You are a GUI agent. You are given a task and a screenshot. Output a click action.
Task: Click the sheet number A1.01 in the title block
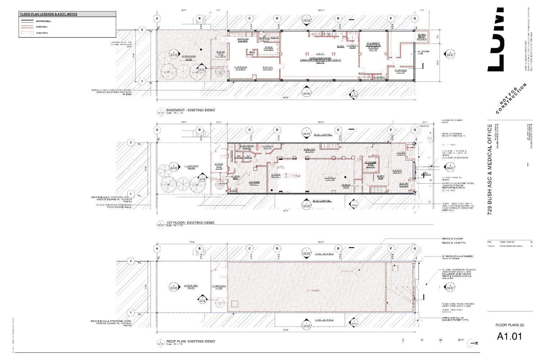509,336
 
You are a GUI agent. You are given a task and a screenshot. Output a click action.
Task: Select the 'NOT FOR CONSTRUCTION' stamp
511,98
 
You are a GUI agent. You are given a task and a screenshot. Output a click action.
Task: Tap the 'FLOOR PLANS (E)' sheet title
510,325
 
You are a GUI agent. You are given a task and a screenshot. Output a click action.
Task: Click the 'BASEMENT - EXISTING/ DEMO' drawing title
190,110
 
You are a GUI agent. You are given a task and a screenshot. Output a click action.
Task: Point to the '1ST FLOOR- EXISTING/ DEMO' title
190,223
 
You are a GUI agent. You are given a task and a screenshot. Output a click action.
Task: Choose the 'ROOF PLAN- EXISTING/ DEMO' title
190,341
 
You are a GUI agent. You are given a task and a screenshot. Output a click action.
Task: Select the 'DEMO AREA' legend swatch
27,33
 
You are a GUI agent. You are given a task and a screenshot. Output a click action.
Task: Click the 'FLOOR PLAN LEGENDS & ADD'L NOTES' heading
48,14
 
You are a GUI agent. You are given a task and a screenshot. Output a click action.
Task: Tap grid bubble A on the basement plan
157,18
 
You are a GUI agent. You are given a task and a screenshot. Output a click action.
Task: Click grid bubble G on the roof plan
415,248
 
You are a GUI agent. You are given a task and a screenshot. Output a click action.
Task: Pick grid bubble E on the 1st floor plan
338,130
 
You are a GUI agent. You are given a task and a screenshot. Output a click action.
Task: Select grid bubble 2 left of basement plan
142,30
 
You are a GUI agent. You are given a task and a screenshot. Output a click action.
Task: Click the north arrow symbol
472,343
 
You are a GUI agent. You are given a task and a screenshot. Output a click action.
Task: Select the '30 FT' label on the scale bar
461,340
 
